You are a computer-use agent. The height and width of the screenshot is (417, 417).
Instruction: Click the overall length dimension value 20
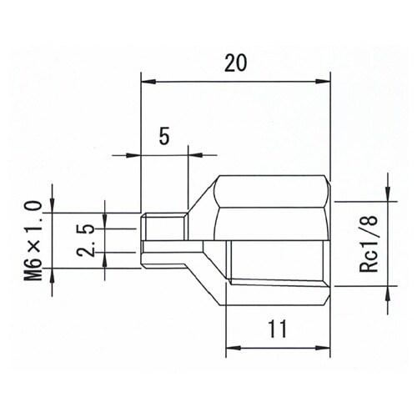235,63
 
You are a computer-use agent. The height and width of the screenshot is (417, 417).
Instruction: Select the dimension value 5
163,136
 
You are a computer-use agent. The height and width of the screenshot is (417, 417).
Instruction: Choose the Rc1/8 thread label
366,241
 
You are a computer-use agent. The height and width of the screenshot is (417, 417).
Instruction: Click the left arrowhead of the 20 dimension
146,82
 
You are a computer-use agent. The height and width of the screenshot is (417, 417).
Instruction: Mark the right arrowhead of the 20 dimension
325,82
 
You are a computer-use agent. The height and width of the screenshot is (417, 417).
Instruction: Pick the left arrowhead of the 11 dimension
232,344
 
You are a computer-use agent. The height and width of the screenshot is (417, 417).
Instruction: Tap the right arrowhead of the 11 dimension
325,344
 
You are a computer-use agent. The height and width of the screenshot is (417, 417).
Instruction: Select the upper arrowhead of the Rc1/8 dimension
389,196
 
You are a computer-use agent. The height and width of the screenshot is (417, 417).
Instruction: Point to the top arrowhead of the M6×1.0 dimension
53,208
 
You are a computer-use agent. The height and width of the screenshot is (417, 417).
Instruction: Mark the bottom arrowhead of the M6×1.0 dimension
53,272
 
